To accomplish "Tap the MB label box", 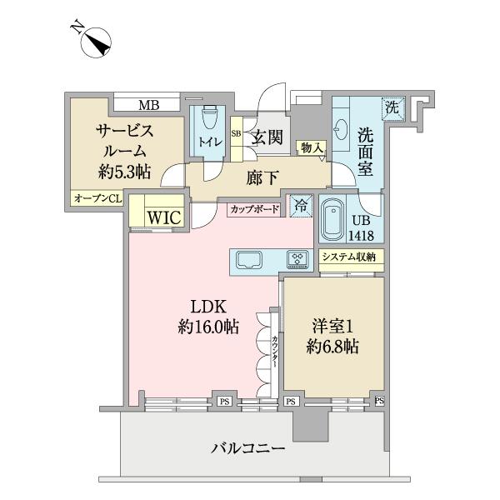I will [148, 105].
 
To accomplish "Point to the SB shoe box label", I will [236, 133].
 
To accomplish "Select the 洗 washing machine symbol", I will [392, 107].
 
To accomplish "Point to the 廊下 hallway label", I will [259, 176].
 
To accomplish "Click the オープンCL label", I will [97, 198].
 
